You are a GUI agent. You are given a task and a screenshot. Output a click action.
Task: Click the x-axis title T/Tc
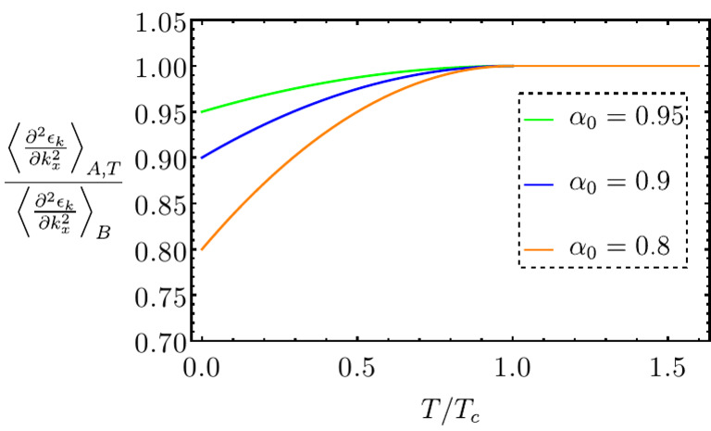tap(447, 407)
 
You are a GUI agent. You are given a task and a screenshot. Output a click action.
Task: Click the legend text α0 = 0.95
tap(626, 118)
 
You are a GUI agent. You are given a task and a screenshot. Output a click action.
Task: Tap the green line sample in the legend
tap(540, 120)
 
